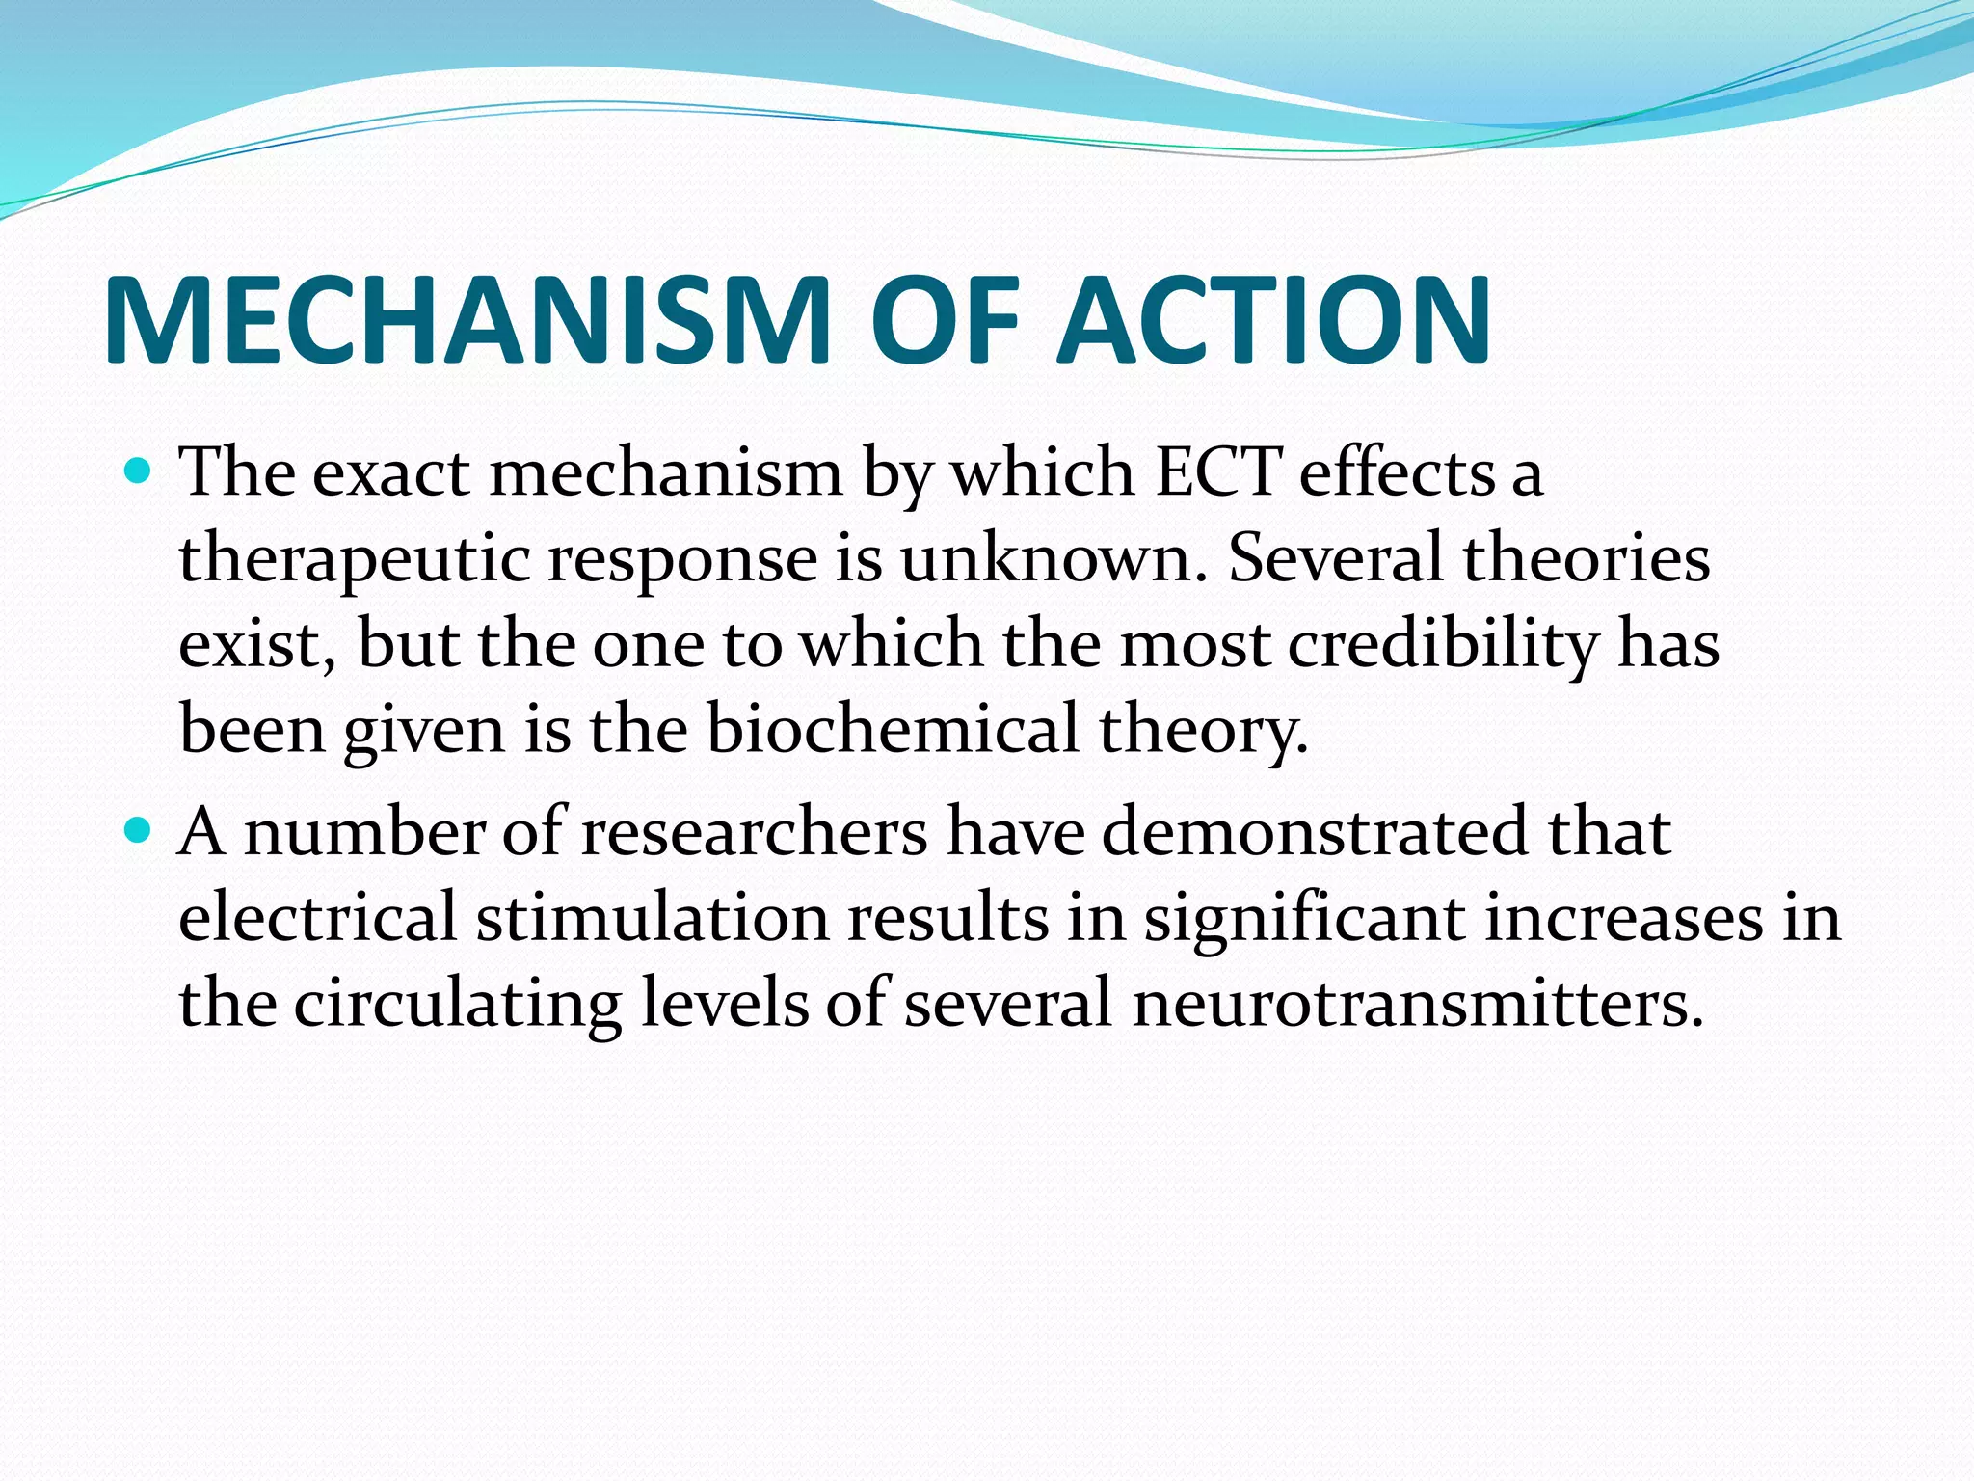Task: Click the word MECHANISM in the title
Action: pyautogui.click(x=467, y=320)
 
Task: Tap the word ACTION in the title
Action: pyautogui.click(x=1273, y=320)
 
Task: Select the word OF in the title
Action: pyautogui.click(x=944, y=320)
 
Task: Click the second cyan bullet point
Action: pyautogui.click(x=140, y=829)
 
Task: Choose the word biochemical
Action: pyautogui.click(x=893, y=728)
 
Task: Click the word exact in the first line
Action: pyautogui.click(x=391, y=474)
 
